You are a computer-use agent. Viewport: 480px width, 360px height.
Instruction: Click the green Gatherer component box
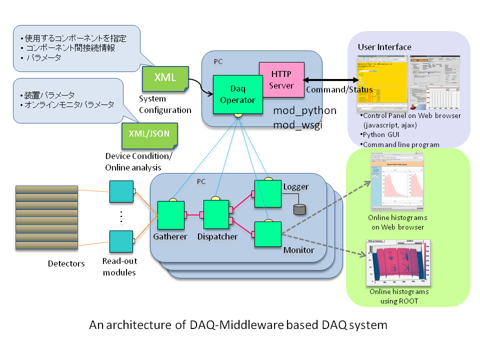tap(171, 214)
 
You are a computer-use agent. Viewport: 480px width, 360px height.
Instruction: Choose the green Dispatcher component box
tap(216, 214)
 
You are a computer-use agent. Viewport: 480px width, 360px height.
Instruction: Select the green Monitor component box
tap(268, 233)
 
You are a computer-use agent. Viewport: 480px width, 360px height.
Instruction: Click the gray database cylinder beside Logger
tap(299, 209)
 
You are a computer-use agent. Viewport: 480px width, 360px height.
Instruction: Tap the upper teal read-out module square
tap(121, 191)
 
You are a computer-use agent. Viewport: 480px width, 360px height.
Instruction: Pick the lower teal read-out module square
tap(121, 242)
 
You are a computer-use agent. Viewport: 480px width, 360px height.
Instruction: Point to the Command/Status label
tap(339, 89)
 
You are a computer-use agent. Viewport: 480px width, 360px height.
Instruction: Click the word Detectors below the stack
tap(66, 263)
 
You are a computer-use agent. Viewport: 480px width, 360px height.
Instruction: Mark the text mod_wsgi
tap(298, 125)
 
